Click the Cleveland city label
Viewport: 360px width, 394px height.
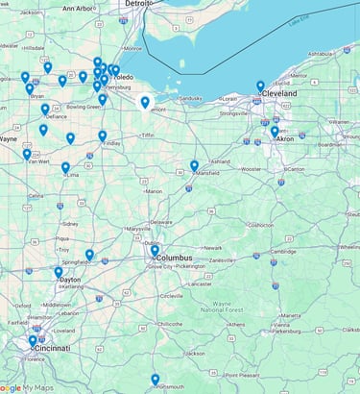pos(280,94)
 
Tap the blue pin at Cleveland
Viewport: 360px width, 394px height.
pos(260,86)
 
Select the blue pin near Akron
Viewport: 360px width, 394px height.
pos(275,132)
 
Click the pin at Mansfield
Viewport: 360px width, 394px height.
pos(194,166)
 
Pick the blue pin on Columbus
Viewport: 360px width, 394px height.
pos(155,251)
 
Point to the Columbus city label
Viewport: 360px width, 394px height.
pos(175,258)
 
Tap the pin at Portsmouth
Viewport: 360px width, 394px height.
pos(155,380)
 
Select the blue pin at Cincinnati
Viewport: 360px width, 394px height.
pos(33,340)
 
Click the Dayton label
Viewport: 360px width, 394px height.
pos(69,280)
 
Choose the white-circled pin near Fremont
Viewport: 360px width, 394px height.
pos(145,103)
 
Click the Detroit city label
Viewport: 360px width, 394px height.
pos(137,4)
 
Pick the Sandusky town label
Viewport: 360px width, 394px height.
pos(190,98)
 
